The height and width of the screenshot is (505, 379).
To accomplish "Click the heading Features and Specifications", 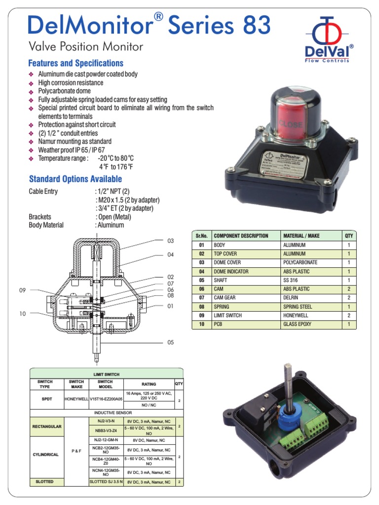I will tap(76, 63).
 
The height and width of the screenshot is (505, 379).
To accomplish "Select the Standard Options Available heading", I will tap(75, 179).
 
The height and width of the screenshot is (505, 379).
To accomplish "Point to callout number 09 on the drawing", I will tap(22, 290).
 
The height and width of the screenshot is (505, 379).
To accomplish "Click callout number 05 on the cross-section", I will tap(171, 341).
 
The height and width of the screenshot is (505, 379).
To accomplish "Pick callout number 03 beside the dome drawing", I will tap(171, 241).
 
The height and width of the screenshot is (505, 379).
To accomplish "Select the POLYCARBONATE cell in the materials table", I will tap(300, 262).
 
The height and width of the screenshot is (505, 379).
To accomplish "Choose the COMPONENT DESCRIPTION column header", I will tap(241, 236).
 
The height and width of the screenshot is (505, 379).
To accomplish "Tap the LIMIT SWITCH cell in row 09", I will tap(227, 315).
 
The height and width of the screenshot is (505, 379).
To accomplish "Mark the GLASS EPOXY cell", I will tap(297, 324).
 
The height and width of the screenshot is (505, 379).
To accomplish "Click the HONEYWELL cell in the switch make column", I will tap(76, 398).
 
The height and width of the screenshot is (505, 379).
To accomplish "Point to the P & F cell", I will tap(76, 450).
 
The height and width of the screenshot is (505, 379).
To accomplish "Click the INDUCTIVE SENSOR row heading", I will tap(106, 412).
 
